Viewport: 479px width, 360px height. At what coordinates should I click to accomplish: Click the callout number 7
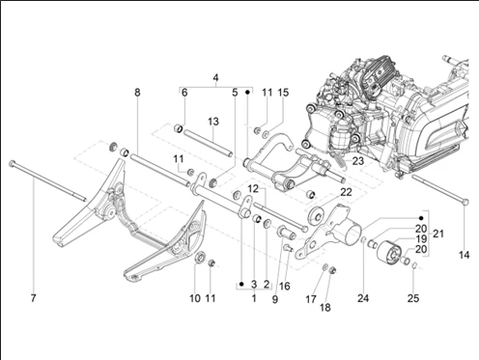(33, 298)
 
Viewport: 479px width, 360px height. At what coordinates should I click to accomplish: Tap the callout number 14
(464, 255)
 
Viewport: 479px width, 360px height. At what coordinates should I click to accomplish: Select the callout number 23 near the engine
(357, 160)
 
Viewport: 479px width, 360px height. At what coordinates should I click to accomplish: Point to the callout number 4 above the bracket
(215, 77)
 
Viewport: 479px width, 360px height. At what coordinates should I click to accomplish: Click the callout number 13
(213, 122)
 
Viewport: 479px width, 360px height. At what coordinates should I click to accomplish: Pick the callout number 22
(346, 192)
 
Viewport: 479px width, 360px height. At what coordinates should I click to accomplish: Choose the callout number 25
(413, 298)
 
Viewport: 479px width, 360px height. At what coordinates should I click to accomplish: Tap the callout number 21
(437, 234)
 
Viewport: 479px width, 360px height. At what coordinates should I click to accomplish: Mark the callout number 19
(421, 238)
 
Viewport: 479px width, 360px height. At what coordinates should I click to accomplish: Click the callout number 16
(285, 286)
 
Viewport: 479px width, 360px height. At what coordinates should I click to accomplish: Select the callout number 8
(137, 93)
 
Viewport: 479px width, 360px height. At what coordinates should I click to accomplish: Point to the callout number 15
(283, 93)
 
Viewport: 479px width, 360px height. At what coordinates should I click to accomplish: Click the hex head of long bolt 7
(13, 163)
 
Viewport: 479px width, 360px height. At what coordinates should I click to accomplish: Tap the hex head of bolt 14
(465, 202)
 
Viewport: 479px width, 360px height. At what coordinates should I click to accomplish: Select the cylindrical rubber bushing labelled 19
(389, 253)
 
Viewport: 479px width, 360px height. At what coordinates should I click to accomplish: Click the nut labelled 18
(333, 271)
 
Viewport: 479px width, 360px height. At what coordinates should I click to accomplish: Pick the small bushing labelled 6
(179, 128)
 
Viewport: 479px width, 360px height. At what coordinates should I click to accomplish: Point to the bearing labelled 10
(200, 257)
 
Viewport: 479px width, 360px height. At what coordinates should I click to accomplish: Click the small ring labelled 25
(415, 265)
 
